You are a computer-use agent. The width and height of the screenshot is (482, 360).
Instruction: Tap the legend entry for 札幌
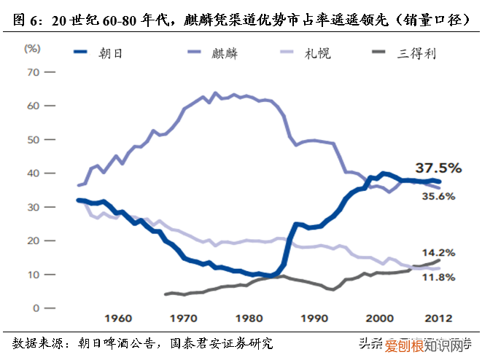point(320,53)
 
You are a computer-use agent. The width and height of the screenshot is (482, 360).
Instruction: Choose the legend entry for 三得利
point(419,53)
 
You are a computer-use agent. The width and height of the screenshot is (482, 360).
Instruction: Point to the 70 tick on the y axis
point(32,72)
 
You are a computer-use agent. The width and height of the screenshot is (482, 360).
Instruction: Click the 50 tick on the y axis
point(32,140)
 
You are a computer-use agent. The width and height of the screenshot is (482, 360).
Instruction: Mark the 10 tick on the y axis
point(32,275)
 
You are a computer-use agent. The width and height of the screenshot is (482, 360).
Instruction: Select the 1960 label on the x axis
point(117,318)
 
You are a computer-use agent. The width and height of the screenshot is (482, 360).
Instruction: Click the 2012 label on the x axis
point(438,318)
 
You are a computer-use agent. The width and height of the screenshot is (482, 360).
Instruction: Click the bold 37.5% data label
point(439,168)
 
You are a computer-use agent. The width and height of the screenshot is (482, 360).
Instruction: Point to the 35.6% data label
point(438,196)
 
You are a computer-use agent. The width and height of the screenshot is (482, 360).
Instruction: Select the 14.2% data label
point(438,253)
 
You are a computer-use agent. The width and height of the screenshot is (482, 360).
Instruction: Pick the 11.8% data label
point(438,277)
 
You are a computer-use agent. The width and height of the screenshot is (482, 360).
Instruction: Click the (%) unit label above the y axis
point(32,48)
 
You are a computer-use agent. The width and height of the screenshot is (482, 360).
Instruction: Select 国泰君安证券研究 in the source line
point(222,343)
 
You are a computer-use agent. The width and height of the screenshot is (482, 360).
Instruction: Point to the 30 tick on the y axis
point(32,208)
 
